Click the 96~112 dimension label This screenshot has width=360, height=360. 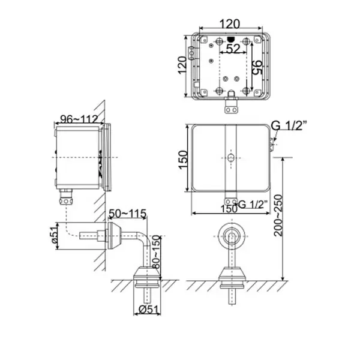[79, 119]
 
